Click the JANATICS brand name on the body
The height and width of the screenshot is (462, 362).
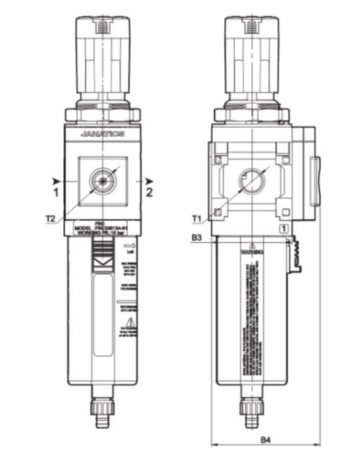(x=101, y=134)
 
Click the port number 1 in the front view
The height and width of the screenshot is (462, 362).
(x=56, y=188)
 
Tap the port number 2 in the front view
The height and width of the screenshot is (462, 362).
(x=149, y=188)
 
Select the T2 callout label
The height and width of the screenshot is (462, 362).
(x=51, y=219)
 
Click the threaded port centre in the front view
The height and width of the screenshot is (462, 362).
(x=101, y=180)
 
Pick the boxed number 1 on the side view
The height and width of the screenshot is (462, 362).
(x=285, y=228)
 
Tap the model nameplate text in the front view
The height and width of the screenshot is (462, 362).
(x=101, y=229)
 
